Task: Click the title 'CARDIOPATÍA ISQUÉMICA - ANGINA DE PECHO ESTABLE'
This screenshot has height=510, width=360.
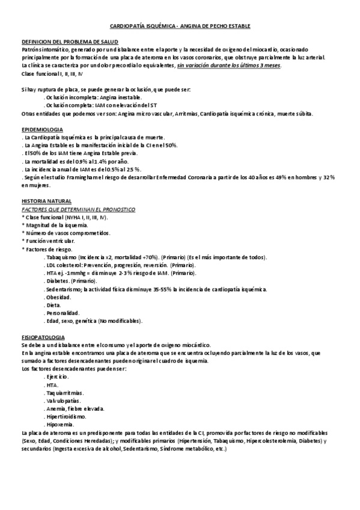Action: point(180,27)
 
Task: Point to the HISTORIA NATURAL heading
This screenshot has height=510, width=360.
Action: point(46,201)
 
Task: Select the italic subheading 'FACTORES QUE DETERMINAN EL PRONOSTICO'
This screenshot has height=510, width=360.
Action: point(78,209)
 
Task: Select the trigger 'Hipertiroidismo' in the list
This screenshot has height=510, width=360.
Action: point(66,416)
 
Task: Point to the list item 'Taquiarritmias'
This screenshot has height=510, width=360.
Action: point(64,392)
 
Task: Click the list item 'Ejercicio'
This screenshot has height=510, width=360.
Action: point(58,376)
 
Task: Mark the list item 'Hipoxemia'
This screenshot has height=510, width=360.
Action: point(59,424)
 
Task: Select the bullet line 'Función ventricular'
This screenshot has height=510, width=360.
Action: point(49,241)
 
